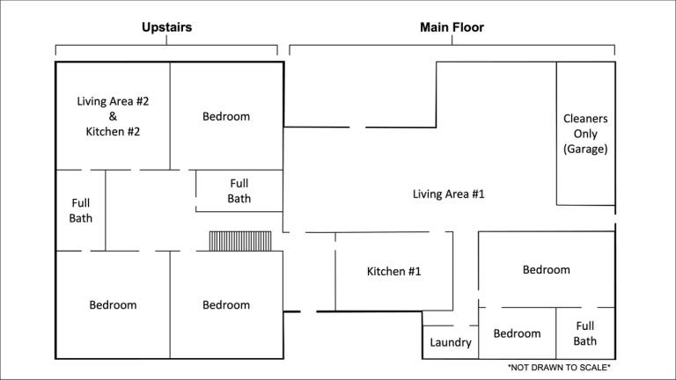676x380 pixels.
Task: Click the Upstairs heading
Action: click(x=167, y=27)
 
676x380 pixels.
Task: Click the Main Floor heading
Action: click(x=452, y=27)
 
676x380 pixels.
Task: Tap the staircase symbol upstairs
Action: click(x=240, y=241)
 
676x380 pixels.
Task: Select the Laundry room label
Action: click(x=451, y=342)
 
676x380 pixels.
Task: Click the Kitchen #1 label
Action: click(x=393, y=272)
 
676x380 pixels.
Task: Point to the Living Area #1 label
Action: click(x=448, y=194)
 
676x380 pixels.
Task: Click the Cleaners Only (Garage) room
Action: click(x=585, y=134)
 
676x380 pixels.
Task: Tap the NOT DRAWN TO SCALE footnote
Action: click(x=559, y=368)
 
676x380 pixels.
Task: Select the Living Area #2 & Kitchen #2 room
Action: click(x=113, y=116)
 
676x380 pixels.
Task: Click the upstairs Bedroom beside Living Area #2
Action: click(x=226, y=116)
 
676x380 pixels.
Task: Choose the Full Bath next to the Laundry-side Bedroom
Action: click(x=585, y=333)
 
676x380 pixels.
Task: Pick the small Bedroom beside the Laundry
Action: click(x=517, y=333)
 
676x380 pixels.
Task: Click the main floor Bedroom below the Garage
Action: click(x=547, y=270)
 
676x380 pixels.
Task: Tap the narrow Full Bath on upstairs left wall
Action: click(x=81, y=210)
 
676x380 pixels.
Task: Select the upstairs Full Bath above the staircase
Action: click(x=239, y=191)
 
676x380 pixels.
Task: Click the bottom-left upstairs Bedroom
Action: click(x=113, y=304)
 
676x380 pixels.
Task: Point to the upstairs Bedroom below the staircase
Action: click(x=226, y=304)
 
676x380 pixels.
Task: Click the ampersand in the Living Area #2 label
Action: click(x=113, y=116)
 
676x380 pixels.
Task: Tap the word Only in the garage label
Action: click(x=585, y=134)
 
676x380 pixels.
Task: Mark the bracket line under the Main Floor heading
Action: click(x=452, y=45)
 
